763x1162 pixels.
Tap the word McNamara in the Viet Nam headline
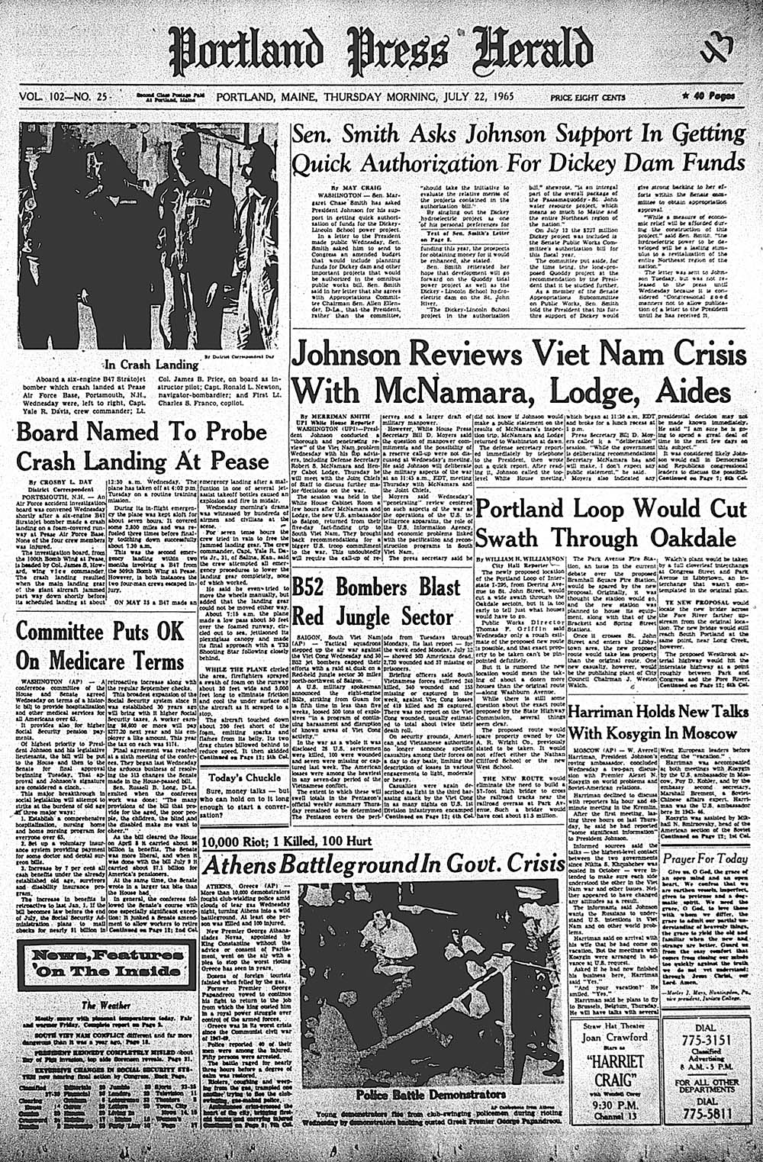(439, 391)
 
